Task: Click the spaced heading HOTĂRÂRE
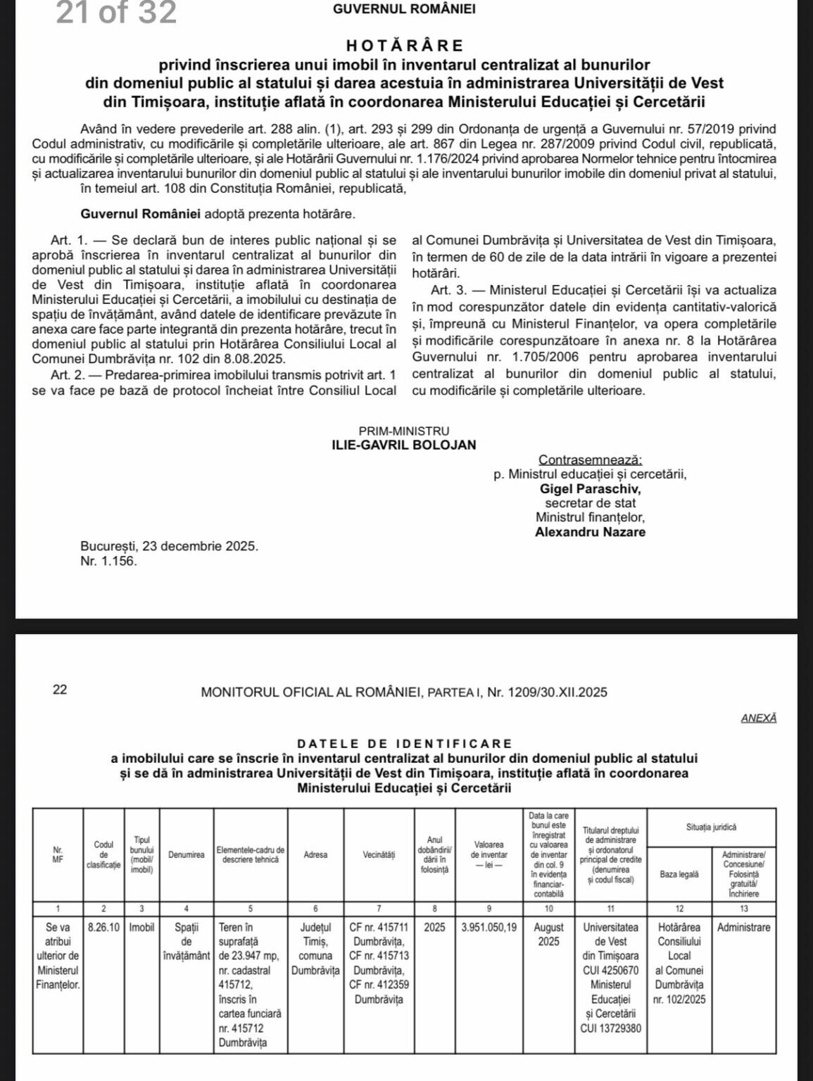click(x=405, y=46)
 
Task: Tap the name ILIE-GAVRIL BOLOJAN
click(x=404, y=445)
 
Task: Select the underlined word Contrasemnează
click(x=590, y=460)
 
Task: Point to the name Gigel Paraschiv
click(x=590, y=488)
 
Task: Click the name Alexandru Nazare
click(x=590, y=532)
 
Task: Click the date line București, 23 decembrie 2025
click(x=170, y=546)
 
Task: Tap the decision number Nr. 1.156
click(x=109, y=561)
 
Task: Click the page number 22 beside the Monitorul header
click(x=60, y=690)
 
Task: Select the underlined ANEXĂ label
click(x=759, y=719)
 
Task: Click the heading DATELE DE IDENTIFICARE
click(x=405, y=743)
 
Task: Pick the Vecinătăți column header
click(x=379, y=855)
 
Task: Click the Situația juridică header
click(x=711, y=828)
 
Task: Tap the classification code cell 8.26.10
click(x=103, y=928)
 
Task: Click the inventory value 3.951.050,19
click(x=489, y=928)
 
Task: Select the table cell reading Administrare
click(x=743, y=928)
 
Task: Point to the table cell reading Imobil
click(x=142, y=928)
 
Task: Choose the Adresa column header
click(x=315, y=855)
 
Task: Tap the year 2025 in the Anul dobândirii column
click(x=434, y=928)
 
